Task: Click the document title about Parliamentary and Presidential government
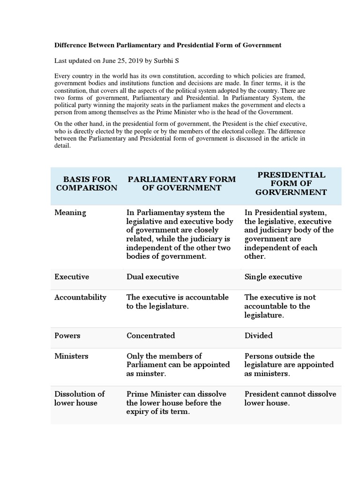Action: point(168,45)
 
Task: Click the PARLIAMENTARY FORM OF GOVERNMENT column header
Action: point(182,183)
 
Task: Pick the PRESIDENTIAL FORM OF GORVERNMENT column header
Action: point(291,183)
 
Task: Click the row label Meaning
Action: point(70,212)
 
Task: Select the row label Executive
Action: point(72,277)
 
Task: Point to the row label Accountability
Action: point(80,297)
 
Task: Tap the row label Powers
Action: point(67,336)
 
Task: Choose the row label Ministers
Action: point(71,356)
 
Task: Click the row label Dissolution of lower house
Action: point(79,398)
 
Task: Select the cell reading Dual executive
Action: point(153,277)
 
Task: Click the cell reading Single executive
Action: point(273,277)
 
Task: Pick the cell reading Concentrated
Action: point(151,336)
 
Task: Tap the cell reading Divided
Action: point(259,336)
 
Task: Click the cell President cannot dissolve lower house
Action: point(290,398)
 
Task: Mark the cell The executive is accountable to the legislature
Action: point(178,301)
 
